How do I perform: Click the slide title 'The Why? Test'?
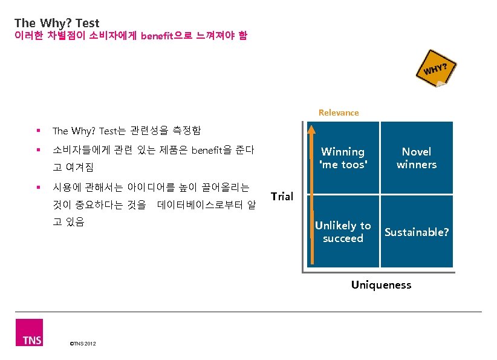pyautogui.click(x=57, y=24)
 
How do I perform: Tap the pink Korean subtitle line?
pyautogui.click(x=129, y=36)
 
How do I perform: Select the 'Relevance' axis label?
pyautogui.click(x=339, y=113)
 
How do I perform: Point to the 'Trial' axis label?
pyautogui.click(x=282, y=196)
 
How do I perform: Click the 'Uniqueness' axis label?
pyautogui.click(x=381, y=284)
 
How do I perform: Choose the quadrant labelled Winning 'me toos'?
pyautogui.click(x=343, y=158)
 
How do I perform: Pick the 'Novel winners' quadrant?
pyautogui.click(x=417, y=158)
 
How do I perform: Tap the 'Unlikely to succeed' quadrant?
pyautogui.click(x=343, y=232)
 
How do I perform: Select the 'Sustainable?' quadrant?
pyautogui.click(x=417, y=232)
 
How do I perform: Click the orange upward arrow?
pyautogui.click(x=311, y=194)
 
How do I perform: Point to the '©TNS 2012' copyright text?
pyautogui.click(x=83, y=344)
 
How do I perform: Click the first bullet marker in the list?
pyautogui.click(x=38, y=131)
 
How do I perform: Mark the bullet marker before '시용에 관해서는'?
pyautogui.click(x=38, y=188)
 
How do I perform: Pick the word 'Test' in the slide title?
pyautogui.click(x=88, y=24)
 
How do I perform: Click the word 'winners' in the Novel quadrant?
pyautogui.click(x=417, y=165)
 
